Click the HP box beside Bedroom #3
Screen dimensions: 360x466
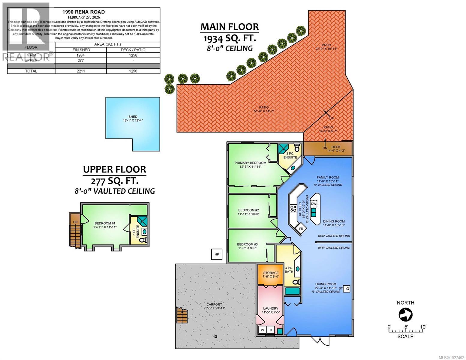(217, 254)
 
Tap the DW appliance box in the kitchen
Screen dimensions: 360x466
(314, 204)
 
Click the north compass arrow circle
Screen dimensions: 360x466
(405, 315)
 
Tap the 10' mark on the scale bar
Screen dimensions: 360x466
(423, 327)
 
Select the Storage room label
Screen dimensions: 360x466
(271, 273)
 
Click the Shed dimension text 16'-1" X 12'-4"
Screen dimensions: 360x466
(133, 121)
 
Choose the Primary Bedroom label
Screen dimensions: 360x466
(250, 163)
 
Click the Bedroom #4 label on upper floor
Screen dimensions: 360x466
(105, 223)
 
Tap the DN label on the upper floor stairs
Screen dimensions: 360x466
(75, 222)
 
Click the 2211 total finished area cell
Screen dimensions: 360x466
(80, 71)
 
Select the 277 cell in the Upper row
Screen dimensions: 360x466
(80, 60)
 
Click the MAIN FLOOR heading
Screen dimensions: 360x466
(230, 27)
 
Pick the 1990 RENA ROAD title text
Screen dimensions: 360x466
(83, 12)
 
